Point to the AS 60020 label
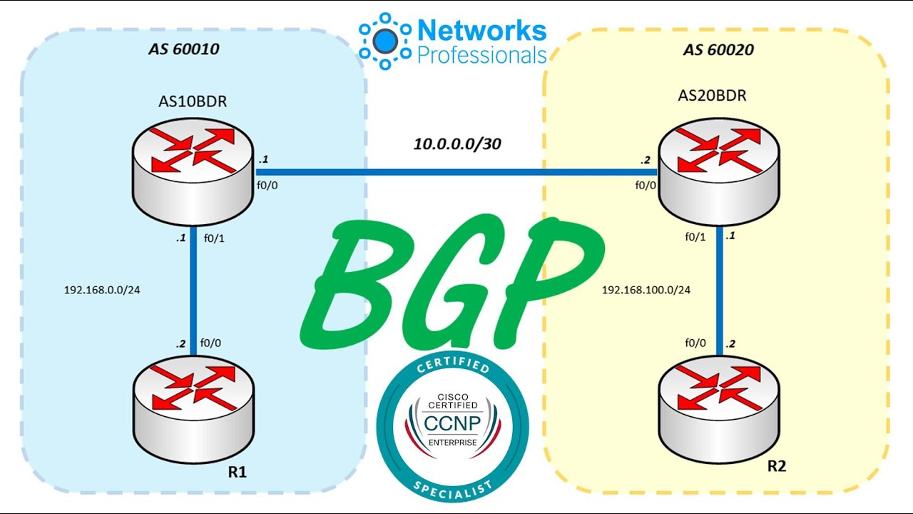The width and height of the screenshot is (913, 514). click(x=718, y=50)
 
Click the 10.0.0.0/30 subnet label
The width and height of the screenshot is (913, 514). click(x=457, y=144)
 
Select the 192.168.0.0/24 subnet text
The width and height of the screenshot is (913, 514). click(x=101, y=291)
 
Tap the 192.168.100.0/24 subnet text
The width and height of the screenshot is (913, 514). click(x=646, y=290)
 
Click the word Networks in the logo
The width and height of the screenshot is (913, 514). click(x=481, y=30)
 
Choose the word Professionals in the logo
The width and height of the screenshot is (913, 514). click(x=481, y=55)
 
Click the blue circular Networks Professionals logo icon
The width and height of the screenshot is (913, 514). click(x=386, y=40)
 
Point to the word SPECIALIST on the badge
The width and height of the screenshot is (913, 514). click(x=452, y=487)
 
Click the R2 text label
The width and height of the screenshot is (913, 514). click(x=777, y=466)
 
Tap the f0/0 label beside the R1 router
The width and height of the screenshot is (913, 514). click(x=211, y=343)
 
